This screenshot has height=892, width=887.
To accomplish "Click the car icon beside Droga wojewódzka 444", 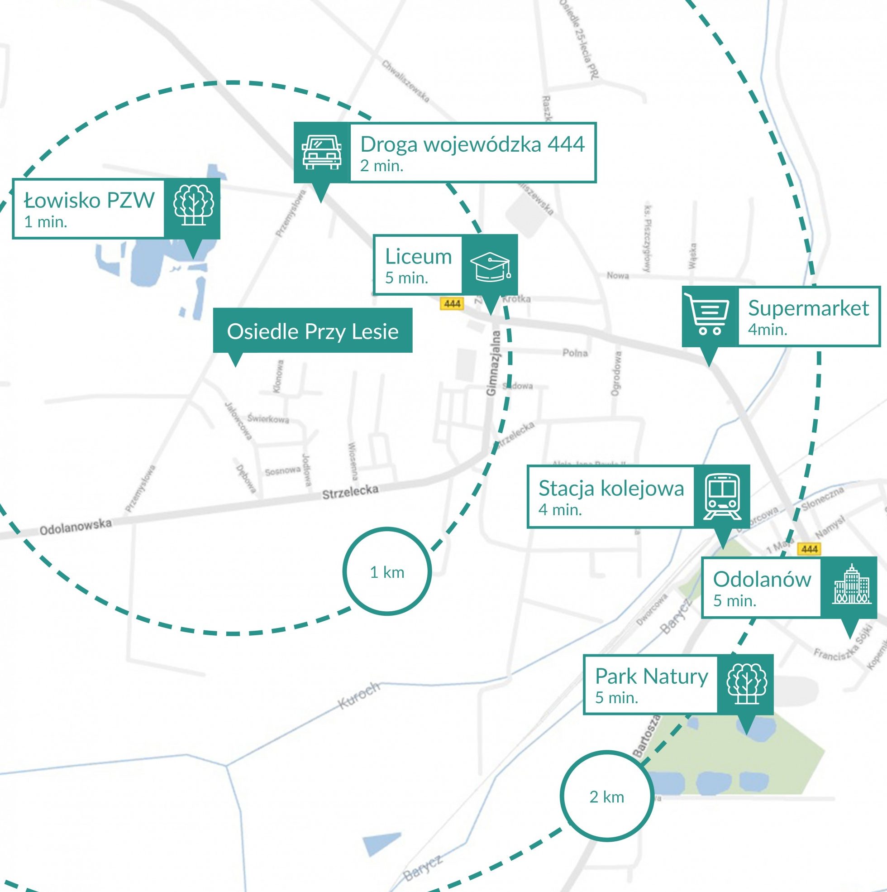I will (322, 152).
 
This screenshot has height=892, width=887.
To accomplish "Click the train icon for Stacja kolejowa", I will (722, 496).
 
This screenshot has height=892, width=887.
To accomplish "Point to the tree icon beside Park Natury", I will (746, 684).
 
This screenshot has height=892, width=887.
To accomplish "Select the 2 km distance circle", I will (606, 797).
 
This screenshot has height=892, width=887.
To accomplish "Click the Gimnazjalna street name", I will (492, 363).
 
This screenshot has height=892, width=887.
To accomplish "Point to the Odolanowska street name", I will (75, 526).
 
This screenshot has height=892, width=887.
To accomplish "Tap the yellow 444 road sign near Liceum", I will (452, 303).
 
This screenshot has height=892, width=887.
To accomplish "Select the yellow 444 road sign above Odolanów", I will (810, 548).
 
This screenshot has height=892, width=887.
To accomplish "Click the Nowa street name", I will (617, 276).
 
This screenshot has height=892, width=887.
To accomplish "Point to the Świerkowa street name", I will (268, 419).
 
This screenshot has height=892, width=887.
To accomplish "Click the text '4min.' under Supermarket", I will (768, 330).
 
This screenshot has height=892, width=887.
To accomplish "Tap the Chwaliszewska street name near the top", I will (405, 81).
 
